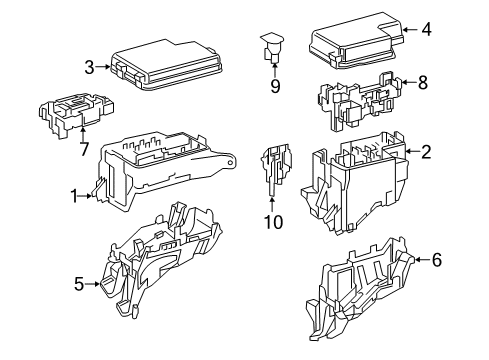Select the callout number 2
coord(427,152)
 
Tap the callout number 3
coord(89,67)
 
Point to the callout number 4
coord(427,29)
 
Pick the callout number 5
coord(78,284)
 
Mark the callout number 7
coord(83,149)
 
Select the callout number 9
coord(274,86)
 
